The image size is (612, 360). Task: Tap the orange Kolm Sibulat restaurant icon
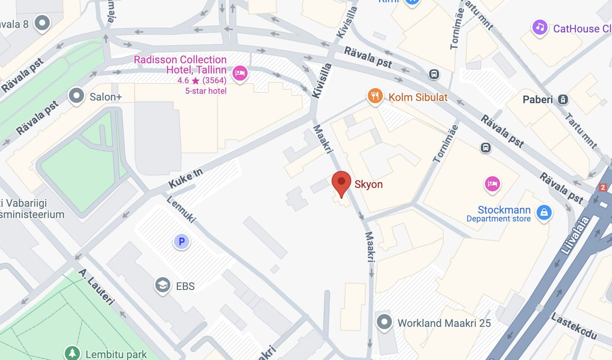[x=375, y=96]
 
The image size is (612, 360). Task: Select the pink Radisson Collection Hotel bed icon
[x=240, y=73]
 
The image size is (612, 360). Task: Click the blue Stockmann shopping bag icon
[x=544, y=212]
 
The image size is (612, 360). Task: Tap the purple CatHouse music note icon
[x=540, y=27]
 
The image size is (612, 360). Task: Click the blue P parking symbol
[x=181, y=241]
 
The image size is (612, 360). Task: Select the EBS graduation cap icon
[x=162, y=285]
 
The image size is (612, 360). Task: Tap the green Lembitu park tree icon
[x=72, y=353]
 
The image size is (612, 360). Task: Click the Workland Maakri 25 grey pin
[x=384, y=322]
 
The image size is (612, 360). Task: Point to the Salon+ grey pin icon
[x=76, y=96]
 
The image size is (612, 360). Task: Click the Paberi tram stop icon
[x=563, y=99]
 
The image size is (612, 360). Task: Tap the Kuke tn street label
[x=185, y=178]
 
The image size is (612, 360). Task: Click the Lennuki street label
[x=181, y=209]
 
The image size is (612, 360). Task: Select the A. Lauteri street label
[x=96, y=287]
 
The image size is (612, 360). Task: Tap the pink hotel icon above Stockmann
[x=492, y=184]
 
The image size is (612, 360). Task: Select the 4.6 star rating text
[x=183, y=81]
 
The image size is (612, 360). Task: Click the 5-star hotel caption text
[x=206, y=91]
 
